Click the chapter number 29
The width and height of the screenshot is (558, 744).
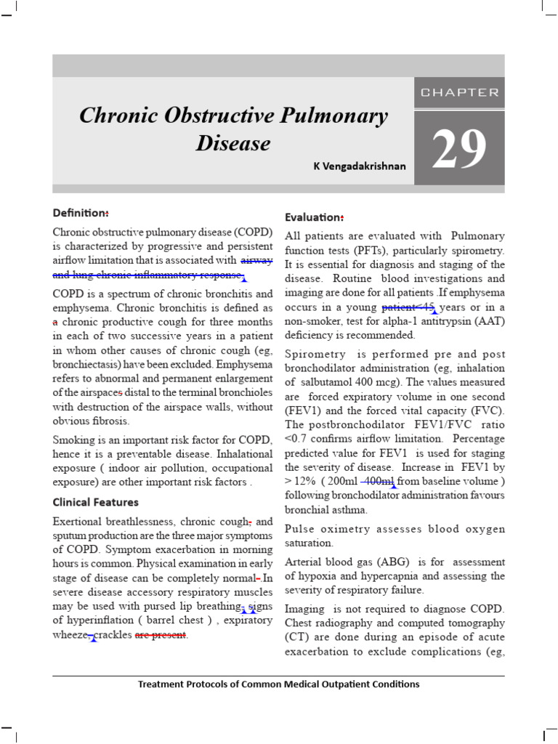click(458, 148)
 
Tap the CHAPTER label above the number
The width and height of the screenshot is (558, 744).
click(459, 93)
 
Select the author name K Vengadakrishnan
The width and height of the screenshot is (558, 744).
click(360, 166)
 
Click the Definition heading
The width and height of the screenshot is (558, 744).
click(80, 213)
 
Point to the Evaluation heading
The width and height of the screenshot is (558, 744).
click(313, 217)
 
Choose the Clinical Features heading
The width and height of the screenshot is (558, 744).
click(95, 502)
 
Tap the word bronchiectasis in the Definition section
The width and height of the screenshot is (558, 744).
click(86, 365)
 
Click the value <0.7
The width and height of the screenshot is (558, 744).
click(296, 439)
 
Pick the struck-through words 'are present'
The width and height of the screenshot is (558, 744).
click(161, 635)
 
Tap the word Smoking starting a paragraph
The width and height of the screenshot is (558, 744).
click(74, 440)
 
